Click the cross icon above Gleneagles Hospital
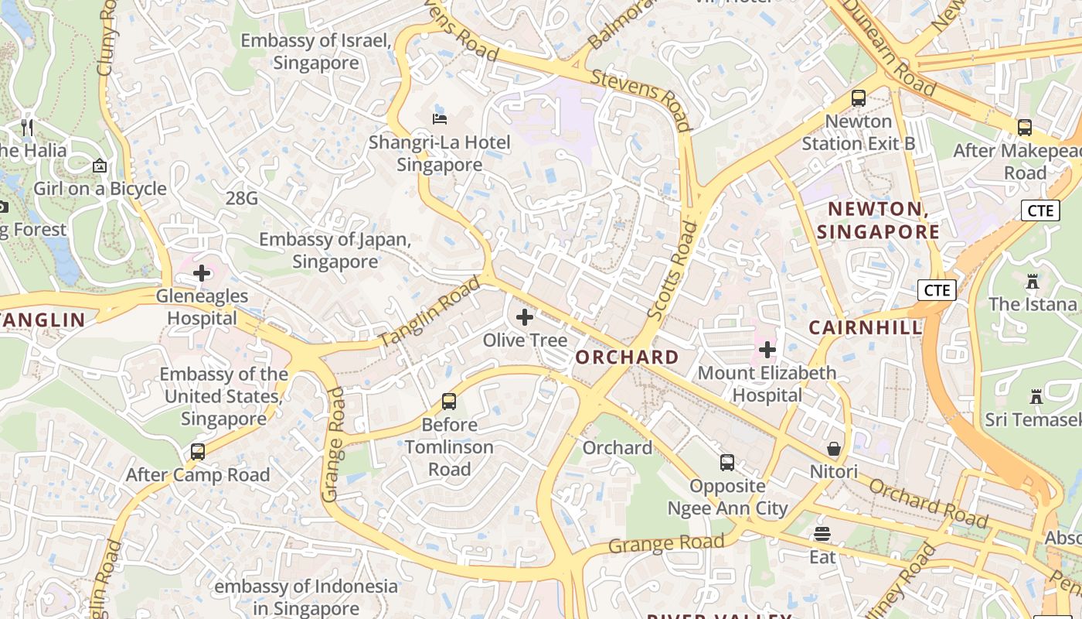[202, 273]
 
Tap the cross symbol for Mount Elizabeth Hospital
[767, 350]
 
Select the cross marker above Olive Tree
[525, 317]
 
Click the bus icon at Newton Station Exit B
[858, 98]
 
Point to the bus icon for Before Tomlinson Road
[449, 402]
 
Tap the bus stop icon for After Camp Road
[198, 452]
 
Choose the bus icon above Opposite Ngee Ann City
[727, 463]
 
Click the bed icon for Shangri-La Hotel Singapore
[440, 119]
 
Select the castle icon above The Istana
[1033, 281]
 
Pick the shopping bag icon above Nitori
[834, 449]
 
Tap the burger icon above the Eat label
[822, 534]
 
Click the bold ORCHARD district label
[627, 357]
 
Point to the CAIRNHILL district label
[866, 328]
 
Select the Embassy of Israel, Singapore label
[315, 52]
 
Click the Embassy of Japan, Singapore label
[335, 251]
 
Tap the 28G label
[242, 199]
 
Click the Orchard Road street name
[928, 504]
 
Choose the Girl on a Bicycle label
[100, 189]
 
